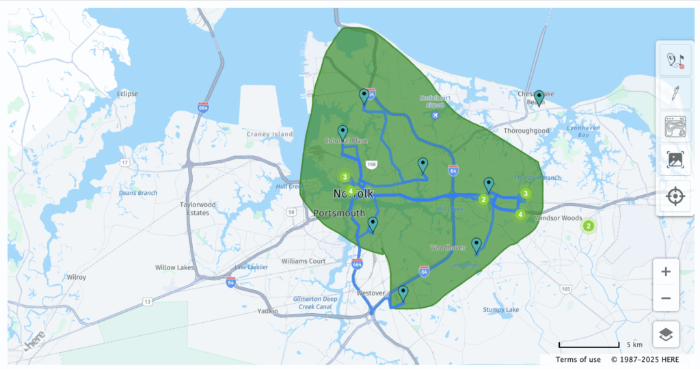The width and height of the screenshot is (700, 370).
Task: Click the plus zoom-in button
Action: point(666,272)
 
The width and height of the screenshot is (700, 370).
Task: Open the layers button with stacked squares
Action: point(666,334)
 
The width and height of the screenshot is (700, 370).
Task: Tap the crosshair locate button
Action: point(675,197)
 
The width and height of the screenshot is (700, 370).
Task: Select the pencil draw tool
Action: point(675,93)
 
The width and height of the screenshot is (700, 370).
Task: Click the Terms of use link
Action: point(578,360)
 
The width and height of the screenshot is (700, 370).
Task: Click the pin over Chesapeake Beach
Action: point(539,98)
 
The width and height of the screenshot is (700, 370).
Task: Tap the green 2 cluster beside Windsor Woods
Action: point(587,226)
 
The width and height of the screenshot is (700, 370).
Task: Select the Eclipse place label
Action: point(127,94)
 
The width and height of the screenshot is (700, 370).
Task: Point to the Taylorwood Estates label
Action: point(198,209)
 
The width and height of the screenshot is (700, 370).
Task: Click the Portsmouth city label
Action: point(339,213)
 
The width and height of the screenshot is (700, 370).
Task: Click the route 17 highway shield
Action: point(125,162)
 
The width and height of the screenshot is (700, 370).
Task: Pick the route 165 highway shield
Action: point(565,289)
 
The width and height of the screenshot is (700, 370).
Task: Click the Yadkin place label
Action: point(267,311)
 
